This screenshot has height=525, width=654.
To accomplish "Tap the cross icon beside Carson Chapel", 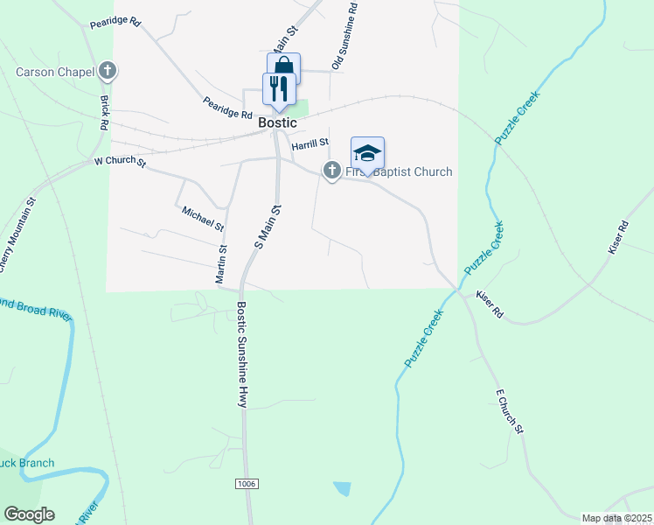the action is pos(108,69).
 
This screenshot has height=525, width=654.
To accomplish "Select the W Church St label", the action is pos(119,162).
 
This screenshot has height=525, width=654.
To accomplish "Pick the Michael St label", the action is pos(203,219).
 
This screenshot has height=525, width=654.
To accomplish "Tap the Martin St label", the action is pos(222,264).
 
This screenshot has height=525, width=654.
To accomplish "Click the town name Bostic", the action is pos(278,123).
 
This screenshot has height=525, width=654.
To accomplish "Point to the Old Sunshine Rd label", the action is pos(344,35).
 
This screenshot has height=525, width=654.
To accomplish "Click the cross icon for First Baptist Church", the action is pos(332,171).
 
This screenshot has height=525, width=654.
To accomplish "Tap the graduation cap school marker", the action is pos(368,153).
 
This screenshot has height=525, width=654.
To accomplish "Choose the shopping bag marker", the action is pos(283,66).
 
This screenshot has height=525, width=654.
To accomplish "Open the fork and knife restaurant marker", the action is pos(279,88).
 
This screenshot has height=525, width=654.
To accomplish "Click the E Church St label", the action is pos(509,412).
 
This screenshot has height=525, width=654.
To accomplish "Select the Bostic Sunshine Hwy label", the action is pos(242,354).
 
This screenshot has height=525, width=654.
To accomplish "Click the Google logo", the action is pos(29,514).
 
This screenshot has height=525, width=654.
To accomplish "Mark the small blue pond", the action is pos(342,488).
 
